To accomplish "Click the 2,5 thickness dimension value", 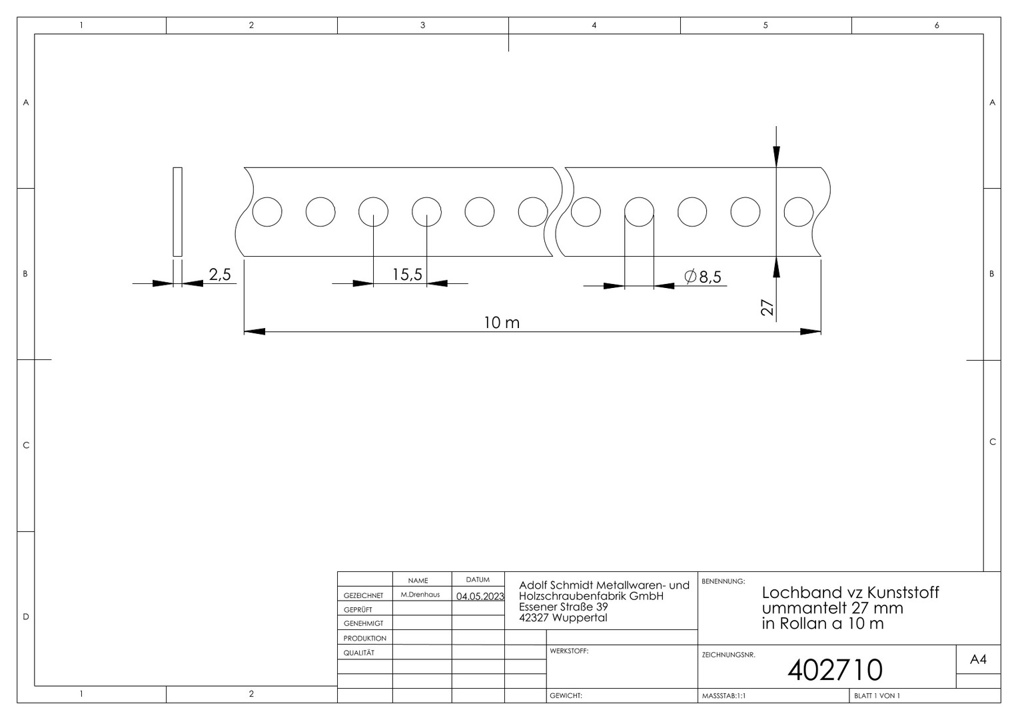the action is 220,274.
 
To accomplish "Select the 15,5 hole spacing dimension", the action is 407,275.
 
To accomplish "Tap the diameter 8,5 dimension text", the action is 703,277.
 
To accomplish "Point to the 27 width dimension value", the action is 767,307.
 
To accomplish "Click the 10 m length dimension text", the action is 502,323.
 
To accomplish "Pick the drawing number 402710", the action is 835,670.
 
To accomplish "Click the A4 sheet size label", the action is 978,659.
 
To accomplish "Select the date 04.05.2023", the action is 480,596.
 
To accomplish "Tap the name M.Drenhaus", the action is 420,595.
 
